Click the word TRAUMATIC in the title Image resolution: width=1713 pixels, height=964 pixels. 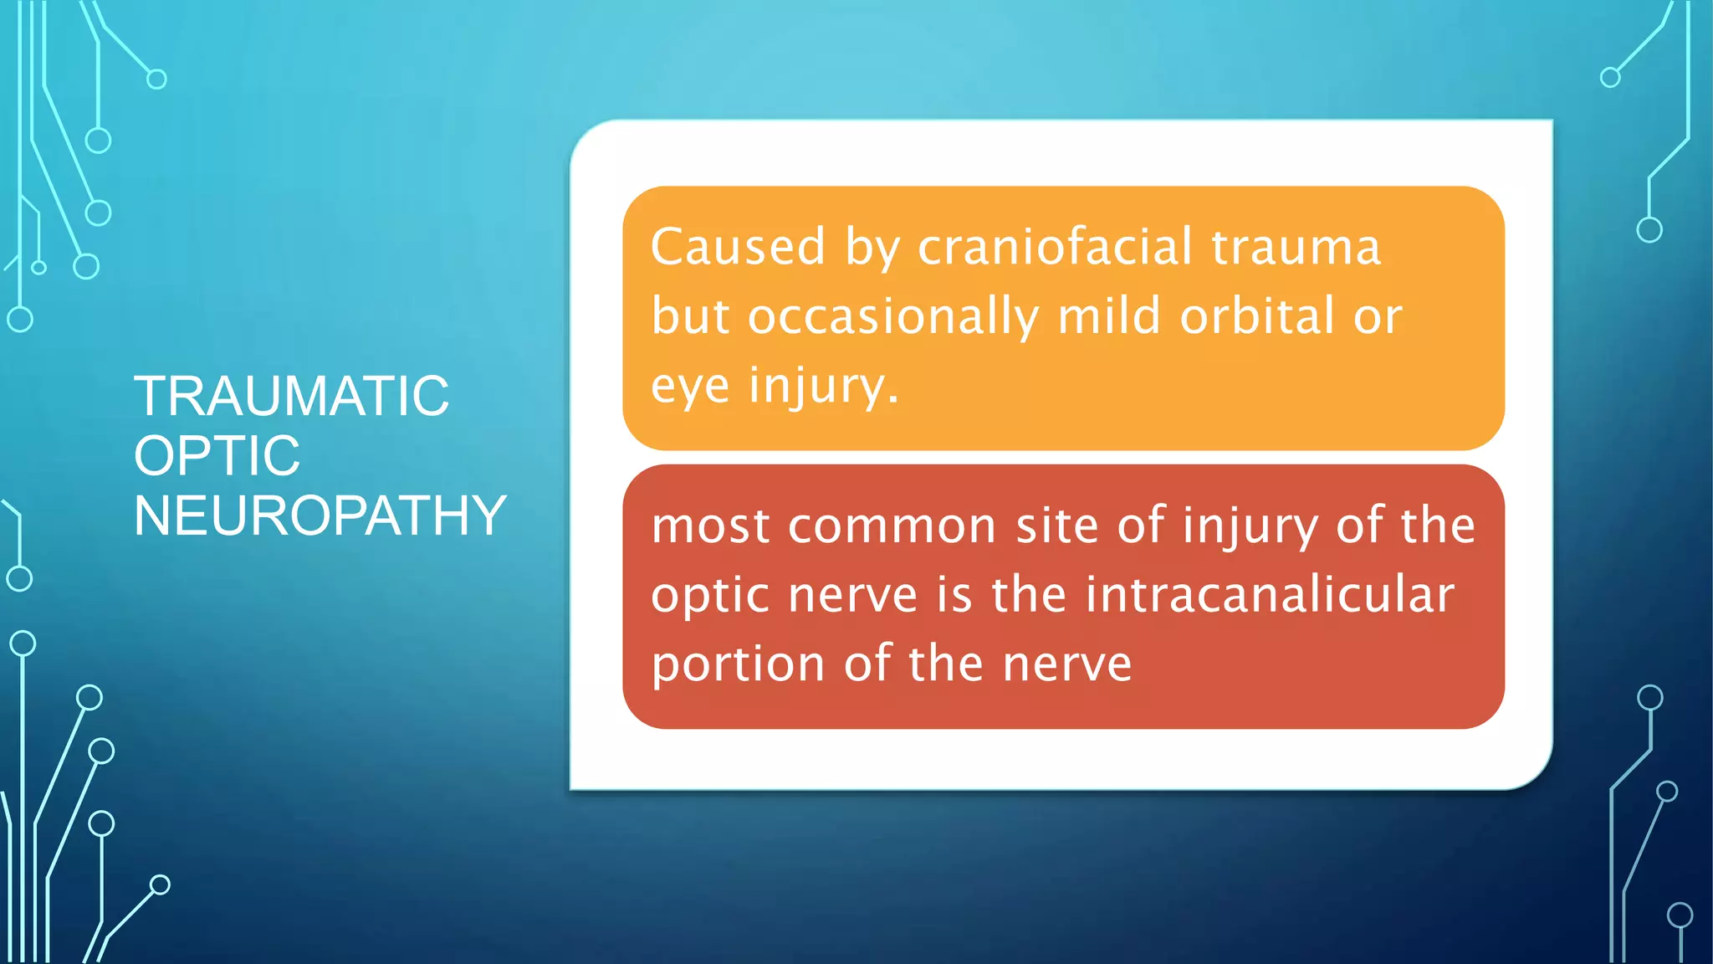(x=291, y=396)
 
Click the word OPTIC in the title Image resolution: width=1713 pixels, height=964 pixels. (x=217, y=456)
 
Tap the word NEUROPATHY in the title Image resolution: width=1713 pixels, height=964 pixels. (x=320, y=515)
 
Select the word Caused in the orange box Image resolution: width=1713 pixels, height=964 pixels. (x=738, y=248)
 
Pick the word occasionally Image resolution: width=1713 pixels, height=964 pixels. (x=892, y=318)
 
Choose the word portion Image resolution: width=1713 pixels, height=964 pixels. (x=738, y=666)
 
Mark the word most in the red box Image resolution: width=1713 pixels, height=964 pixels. (x=710, y=528)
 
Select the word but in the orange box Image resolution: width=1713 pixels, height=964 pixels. (x=690, y=316)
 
